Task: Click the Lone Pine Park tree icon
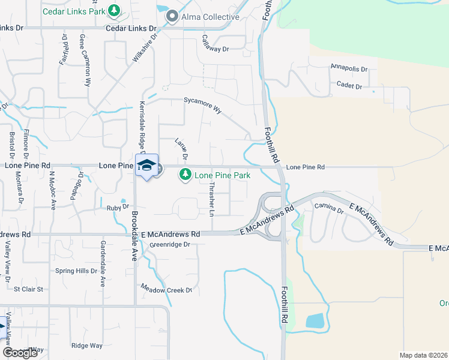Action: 185,175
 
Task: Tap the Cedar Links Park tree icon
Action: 114,11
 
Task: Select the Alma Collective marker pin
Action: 172,17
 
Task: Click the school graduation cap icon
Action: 146,166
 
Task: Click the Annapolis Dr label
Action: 348,68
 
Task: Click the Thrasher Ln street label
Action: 211,200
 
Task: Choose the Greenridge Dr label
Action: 170,244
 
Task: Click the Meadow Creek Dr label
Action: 166,290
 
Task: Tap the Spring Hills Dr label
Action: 76,271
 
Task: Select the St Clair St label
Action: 29,289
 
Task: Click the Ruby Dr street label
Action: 118,208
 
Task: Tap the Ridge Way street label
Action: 87,346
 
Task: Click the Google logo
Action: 20,353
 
